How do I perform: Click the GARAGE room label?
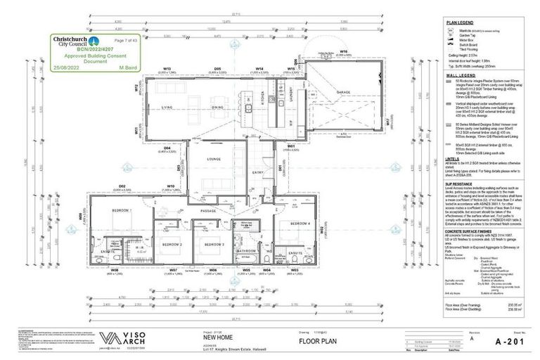342,92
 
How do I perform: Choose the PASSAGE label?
209,211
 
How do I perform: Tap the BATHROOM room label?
246,250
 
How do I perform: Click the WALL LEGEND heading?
458,75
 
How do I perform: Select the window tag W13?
167,69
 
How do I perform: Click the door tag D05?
218,69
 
